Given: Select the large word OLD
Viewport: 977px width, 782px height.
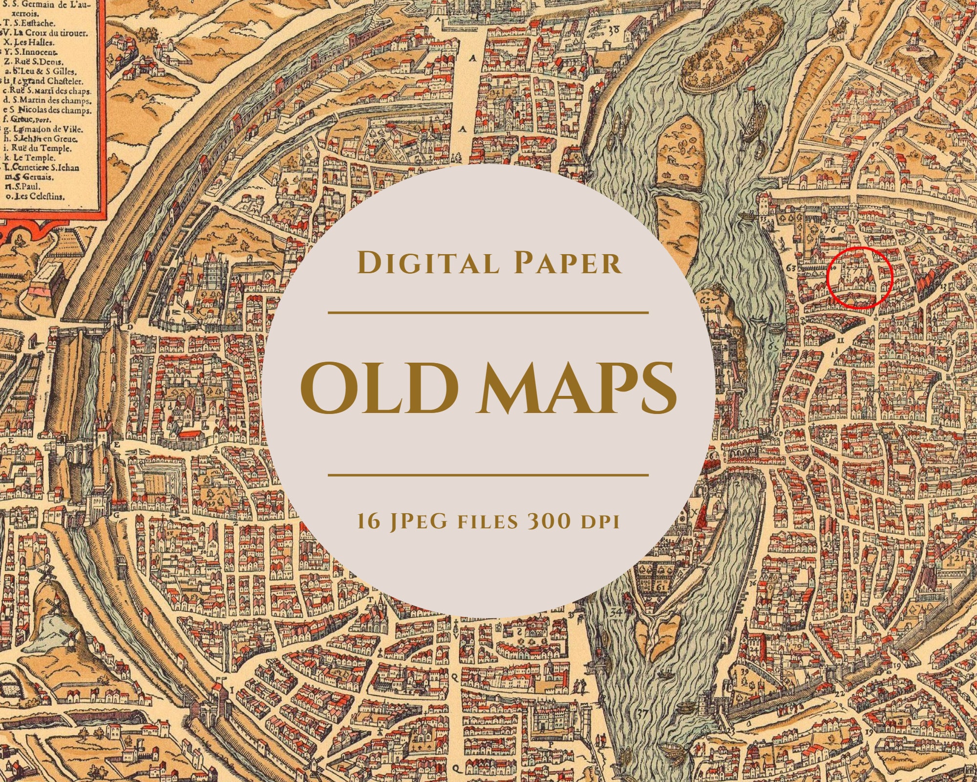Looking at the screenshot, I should point(375,394).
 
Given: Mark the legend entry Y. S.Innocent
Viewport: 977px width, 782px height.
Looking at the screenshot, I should point(34,52).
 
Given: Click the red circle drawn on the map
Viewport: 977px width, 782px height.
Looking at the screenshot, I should point(860,278).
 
